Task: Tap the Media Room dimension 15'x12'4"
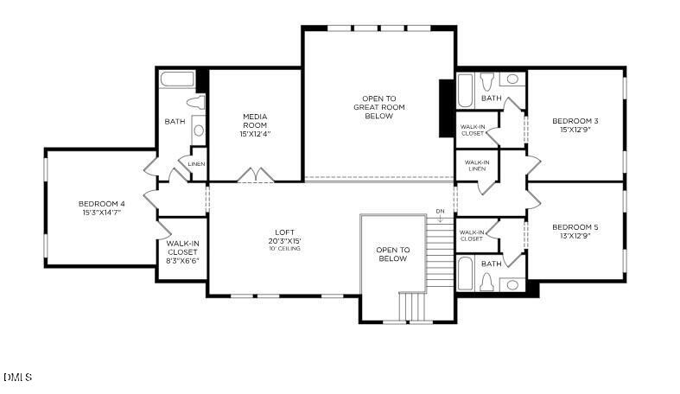click(254, 134)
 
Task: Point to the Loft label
click(284, 232)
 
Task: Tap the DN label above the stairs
click(440, 211)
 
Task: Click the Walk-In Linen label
click(476, 164)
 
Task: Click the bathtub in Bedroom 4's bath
click(178, 79)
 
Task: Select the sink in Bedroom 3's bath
click(512, 79)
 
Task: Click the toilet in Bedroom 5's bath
click(486, 283)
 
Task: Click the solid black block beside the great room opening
click(446, 108)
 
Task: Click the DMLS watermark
click(17, 377)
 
